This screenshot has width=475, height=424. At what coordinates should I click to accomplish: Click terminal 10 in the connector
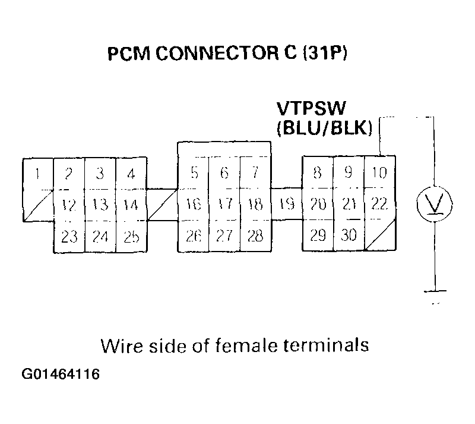(379, 174)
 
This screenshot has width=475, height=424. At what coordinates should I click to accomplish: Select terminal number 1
(38, 174)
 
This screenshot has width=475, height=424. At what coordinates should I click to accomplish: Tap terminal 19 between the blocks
(287, 205)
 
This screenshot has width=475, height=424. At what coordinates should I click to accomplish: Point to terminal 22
(379, 204)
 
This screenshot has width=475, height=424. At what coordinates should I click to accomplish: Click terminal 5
(194, 174)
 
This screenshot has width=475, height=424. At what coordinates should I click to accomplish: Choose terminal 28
(255, 235)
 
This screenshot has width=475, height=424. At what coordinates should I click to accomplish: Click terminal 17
(224, 205)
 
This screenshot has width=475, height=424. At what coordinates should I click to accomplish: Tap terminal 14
(131, 205)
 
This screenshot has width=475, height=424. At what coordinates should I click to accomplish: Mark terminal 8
(318, 174)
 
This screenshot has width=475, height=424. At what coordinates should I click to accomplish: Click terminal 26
(194, 235)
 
